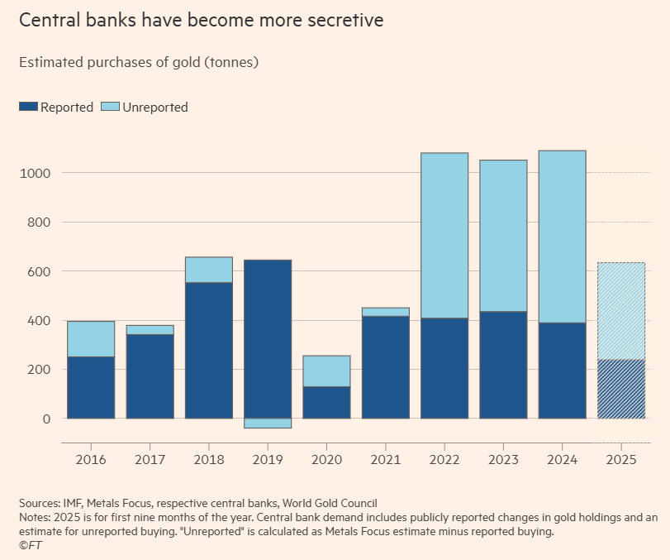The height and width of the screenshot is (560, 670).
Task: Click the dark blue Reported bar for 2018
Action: pyautogui.click(x=208, y=351)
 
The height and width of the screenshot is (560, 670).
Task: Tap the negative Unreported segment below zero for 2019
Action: pyautogui.click(x=268, y=424)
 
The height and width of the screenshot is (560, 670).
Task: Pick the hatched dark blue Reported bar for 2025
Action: pyautogui.click(x=620, y=389)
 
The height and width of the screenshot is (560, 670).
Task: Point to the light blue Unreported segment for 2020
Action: pyautogui.click(x=326, y=371)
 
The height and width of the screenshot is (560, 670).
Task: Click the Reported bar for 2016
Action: pyautogui.click(x=91, y=387)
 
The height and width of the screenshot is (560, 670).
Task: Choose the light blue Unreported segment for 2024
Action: pyautogui.click(x=562, y=237)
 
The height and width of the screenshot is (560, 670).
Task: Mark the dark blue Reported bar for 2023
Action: pyautogui.click(x=503, y=365)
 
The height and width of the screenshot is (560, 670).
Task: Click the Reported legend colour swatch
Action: pyautogui.click(x=28, y=107)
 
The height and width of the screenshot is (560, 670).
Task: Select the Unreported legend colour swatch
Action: pyautogui.click(x=110, y=107)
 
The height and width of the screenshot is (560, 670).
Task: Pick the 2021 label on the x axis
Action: pyautogui.click(x=385, y=457)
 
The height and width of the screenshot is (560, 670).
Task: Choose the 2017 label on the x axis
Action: pyautogui.click(x=150, y=457)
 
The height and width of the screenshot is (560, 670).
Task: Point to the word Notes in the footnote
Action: pyautogui.click(x=35, y=518)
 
